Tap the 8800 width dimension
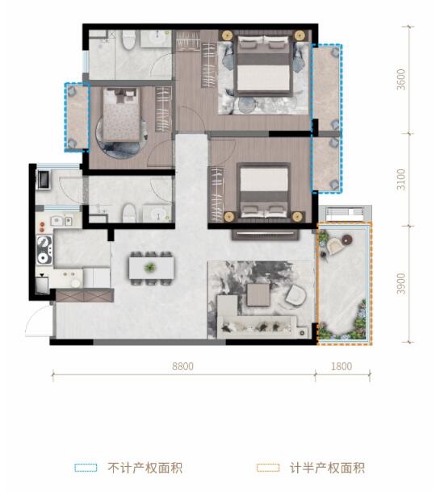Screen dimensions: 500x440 [x=183, y=365]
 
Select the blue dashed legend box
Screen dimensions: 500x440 [x=86, y=468]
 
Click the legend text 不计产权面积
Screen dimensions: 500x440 [x=145, y=468]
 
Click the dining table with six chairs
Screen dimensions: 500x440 [x=150, y=266]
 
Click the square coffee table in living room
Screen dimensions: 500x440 [x=258, y=294]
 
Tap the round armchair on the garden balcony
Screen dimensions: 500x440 [x=349, y=240]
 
